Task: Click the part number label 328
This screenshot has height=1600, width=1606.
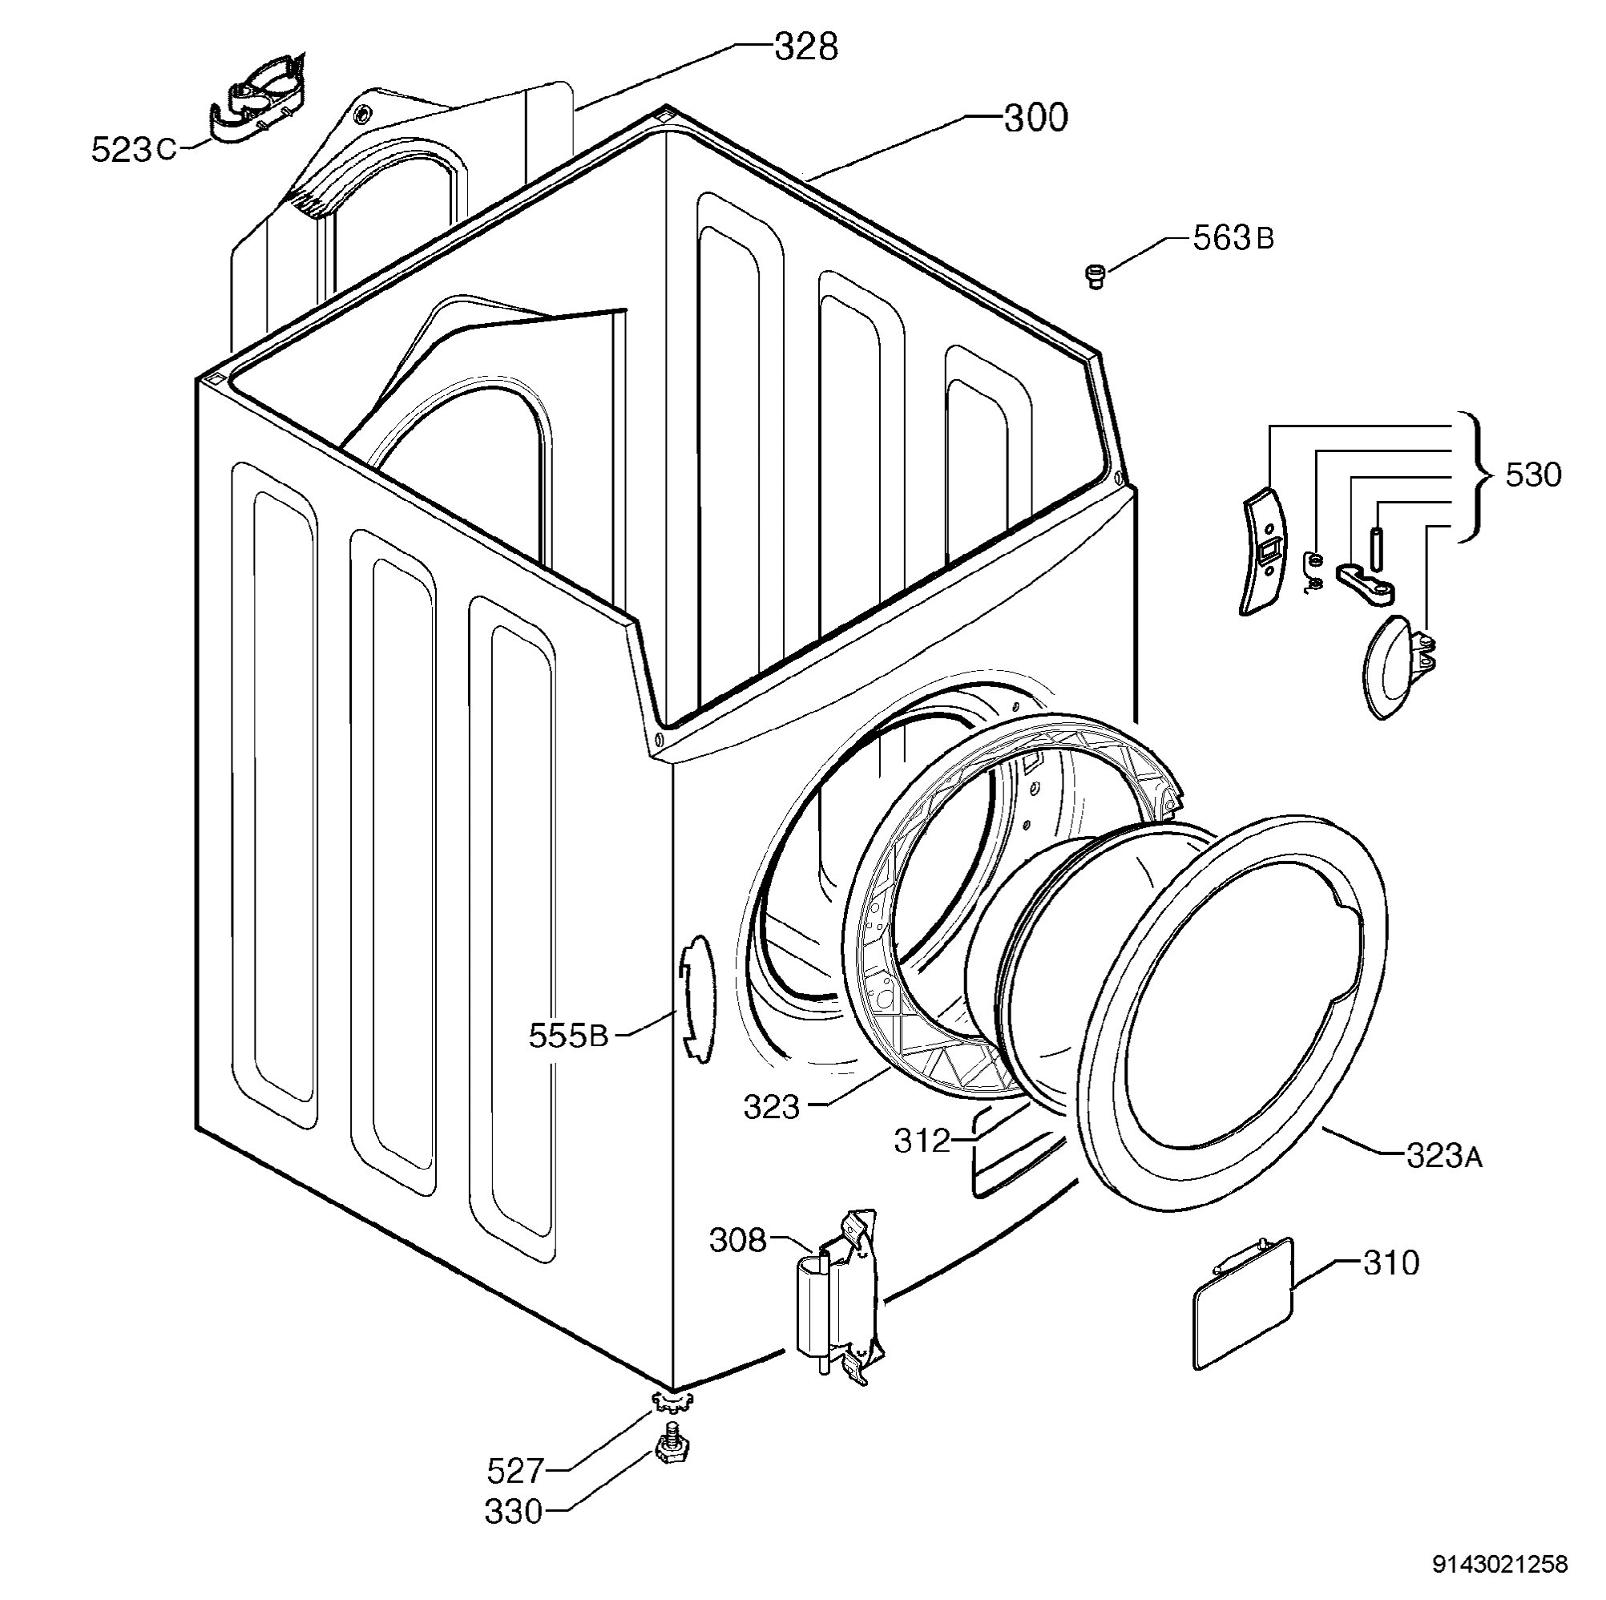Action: coord(805,48)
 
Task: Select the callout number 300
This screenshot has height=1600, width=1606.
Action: coord(1035,119)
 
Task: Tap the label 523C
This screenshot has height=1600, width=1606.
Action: coord(134,150)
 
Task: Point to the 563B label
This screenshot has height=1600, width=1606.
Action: coord(1233,239)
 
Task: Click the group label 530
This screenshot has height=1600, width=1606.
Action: coord(1533,475)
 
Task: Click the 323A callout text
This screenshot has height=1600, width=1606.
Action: coord(1444,1155)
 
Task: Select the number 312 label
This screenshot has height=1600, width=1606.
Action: coord(922,1140)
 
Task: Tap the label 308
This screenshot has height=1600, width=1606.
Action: coord(738,1240)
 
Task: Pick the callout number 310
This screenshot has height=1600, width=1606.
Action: coord(1391,1263)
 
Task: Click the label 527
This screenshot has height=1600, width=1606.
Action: coord(515,1472)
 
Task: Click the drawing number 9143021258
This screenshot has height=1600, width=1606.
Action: coord(1499,1564)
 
